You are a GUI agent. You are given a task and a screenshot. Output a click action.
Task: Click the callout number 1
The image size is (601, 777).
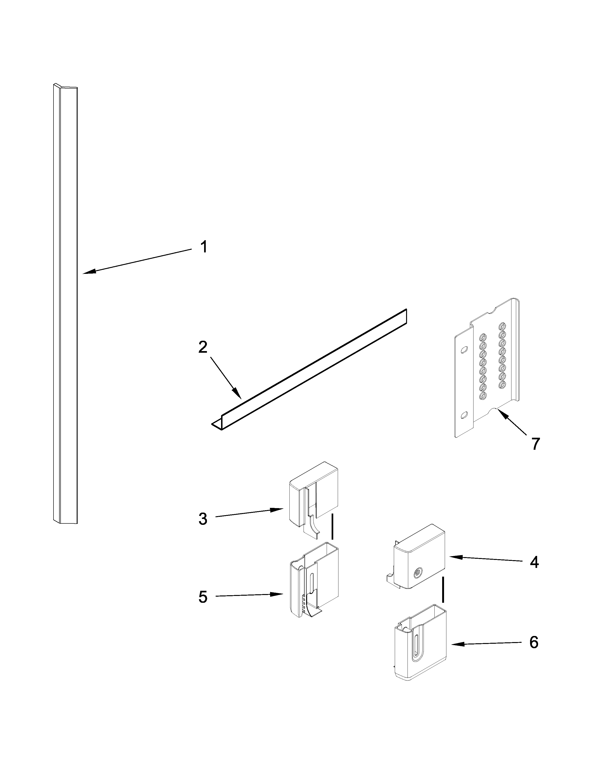[x=204, y=247]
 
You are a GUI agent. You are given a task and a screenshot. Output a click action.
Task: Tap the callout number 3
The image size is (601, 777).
[x=203, y=519]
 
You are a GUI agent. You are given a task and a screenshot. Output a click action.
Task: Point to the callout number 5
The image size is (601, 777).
[x=203, y=597]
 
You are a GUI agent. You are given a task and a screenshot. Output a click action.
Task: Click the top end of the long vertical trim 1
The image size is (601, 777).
[x=65, y=87]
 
